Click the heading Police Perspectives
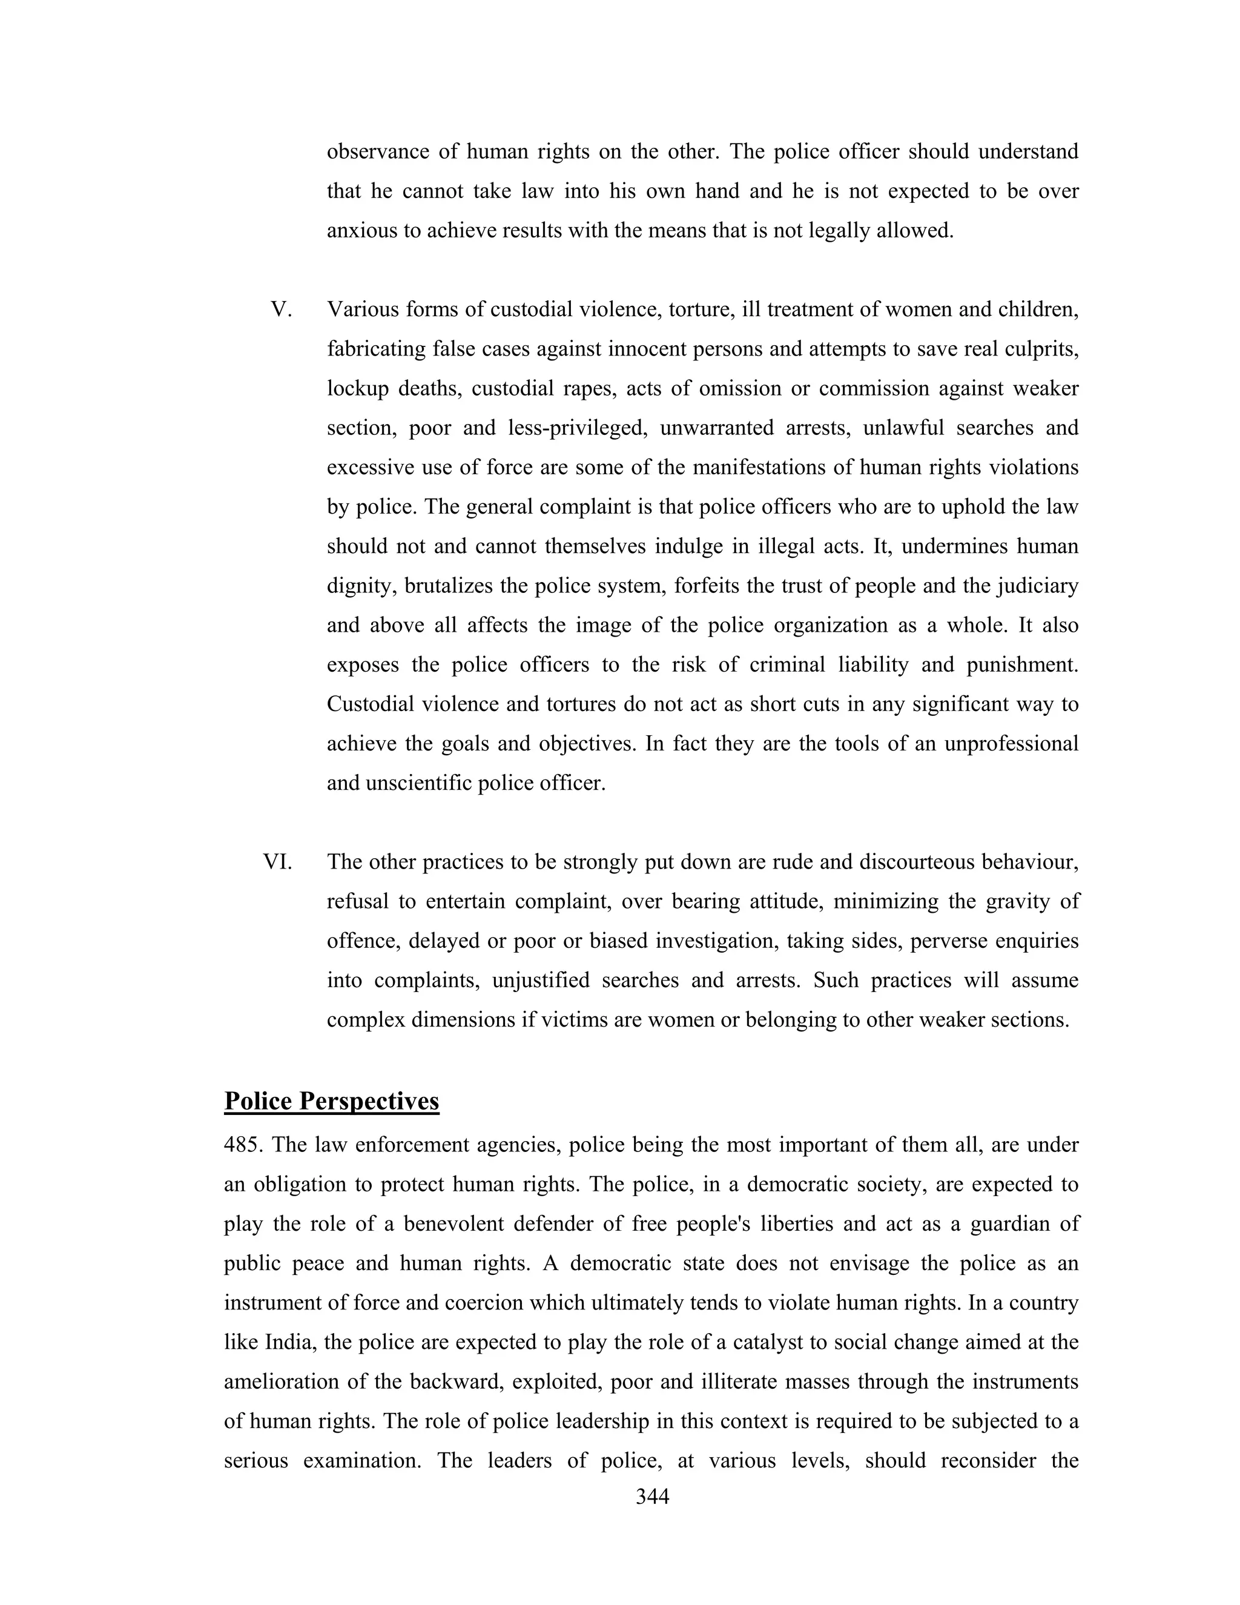click(331, 1102)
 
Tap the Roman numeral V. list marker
click(282, 309)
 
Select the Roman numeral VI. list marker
click(278, 862)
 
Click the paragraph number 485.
click(242, 1145)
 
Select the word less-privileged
click(575, 428)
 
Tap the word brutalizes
click(448, 586)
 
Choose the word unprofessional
click(1011, 744)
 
